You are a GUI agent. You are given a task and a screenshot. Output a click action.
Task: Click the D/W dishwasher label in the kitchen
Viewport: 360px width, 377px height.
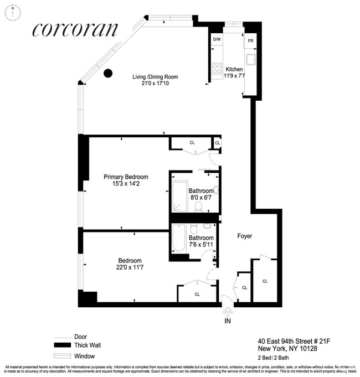coord(216,40)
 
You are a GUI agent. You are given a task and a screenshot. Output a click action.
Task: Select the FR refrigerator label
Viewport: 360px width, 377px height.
coord(250,41)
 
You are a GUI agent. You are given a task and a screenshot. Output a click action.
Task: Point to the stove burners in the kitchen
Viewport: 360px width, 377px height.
coord(217,69)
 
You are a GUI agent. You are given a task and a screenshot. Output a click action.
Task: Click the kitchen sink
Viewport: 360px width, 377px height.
coord(251,60)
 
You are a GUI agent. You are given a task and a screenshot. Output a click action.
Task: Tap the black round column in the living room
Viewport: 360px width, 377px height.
coord(109,73)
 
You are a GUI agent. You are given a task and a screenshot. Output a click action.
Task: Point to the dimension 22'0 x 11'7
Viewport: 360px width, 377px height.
coord(130,268)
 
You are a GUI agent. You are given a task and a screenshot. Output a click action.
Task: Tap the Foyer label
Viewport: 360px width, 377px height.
coord(244,236)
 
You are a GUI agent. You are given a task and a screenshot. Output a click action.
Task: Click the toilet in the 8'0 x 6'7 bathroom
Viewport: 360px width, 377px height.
coord(198,206)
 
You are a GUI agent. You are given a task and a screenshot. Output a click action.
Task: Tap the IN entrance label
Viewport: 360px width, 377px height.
coord(227,321)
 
